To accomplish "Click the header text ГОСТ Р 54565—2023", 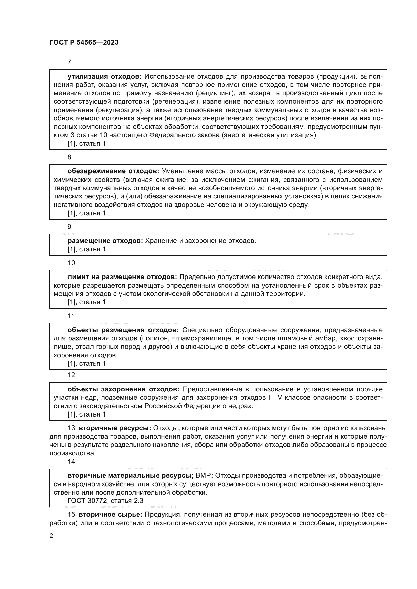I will tap(84, 42).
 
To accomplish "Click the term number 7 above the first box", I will tap(69, 62).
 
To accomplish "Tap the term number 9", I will tap(69, 227).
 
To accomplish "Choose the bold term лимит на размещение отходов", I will tap(122, 277).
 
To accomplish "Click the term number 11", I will tap(71, 316).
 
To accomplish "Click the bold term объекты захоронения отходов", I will tap(124, 389).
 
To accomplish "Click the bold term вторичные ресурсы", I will tap(115, 428).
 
